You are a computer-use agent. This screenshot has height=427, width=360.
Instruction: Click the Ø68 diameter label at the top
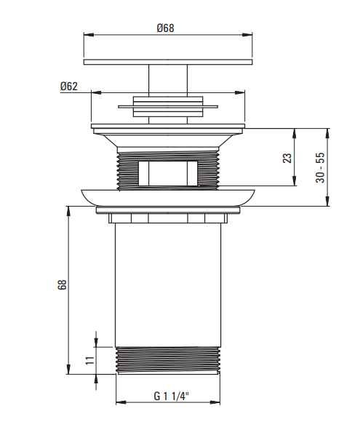coord(165,28)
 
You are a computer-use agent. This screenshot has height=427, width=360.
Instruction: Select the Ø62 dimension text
coord(69,86)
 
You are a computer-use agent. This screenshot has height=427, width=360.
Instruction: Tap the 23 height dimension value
coord(287,158)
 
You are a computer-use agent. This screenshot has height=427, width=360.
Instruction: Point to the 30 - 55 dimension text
coord(320,167)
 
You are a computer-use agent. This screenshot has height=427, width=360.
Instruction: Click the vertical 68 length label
coord(62,284)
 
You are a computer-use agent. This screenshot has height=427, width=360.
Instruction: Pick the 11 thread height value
coord(90,361)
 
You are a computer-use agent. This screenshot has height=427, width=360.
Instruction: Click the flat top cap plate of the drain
coord(168,62)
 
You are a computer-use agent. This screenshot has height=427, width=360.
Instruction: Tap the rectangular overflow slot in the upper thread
coord(168,173)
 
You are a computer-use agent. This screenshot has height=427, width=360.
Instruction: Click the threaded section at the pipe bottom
coord(168,360)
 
